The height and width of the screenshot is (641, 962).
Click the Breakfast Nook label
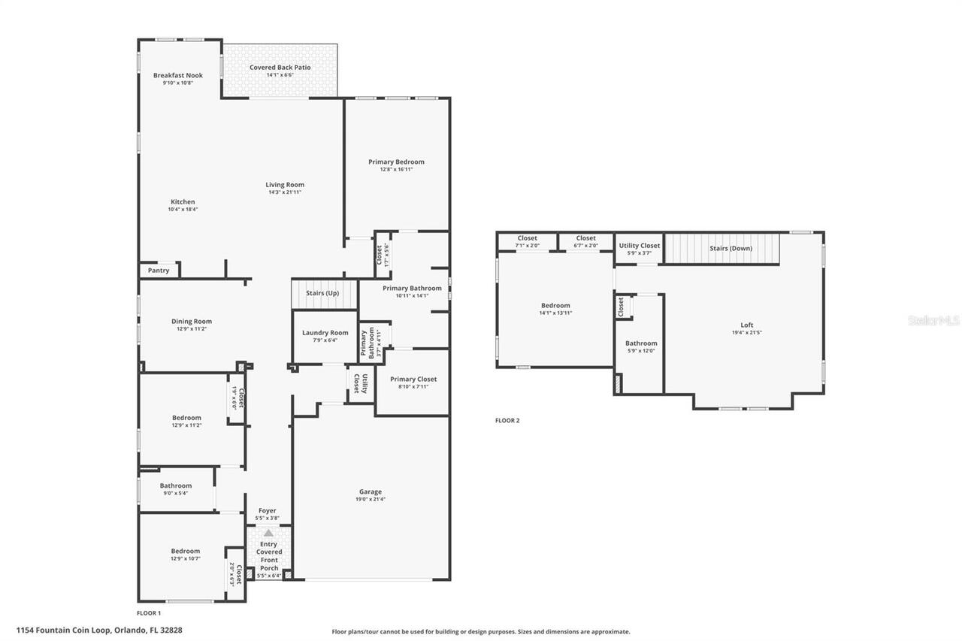coord(178,75)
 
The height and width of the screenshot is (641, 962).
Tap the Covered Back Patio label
coord(280,68)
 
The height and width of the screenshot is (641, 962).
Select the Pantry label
coord(159,271)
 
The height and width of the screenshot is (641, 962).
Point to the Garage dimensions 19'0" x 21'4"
coord(371,500)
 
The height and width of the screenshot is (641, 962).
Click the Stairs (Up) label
coord(322,292)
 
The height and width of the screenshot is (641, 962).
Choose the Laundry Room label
coord(325,332)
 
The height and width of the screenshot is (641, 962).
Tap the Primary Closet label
coord(413,379)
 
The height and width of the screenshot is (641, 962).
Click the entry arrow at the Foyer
coord(268,532)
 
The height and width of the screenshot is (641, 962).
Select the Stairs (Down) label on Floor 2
coord(731,249)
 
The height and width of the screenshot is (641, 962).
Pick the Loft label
coord(746,325)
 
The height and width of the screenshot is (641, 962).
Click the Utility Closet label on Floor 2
coord(639,246)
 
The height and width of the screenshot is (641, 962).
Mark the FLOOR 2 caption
coord(507,420)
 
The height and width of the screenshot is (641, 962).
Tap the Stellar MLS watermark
coord(933,320)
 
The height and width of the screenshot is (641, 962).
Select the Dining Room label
coord(191,322)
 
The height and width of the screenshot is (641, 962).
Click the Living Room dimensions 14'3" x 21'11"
coord(285,192)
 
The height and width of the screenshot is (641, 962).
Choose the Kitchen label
coord(183,201)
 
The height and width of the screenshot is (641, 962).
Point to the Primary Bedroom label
coord(396,162)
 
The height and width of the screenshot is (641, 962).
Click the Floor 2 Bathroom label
coord(641,343)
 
